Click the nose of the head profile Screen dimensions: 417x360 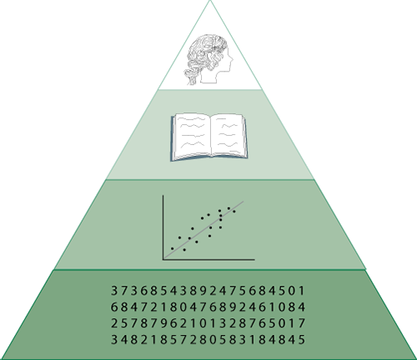pyautogui.click(x=232, y=59)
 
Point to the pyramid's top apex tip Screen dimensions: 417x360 pyautogui.click(x=210, y=1)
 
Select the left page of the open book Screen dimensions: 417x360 pyautogui.click(x=191, y=136)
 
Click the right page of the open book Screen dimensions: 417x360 pyautogui.click(x=229, y=135)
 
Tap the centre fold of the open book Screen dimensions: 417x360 pyautogui.click(x=211, y=136)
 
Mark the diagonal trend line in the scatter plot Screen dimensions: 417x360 pyautogui.click(x=203, y=229)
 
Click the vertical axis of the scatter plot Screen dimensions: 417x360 pyautogui.click(x=163, y=227)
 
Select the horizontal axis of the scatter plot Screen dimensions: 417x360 pyautogui.click(x=208, y=260)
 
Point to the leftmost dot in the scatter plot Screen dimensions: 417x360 pyautogui.click(x=173, y=248)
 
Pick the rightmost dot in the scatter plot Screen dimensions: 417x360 pyautogui.click(x=234, y=212)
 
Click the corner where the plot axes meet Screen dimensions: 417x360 pyautogui.click(x=163, y=260)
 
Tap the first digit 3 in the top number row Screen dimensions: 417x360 pyautogui.click(x=114, y=291)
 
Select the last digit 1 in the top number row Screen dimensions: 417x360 pyautogui.click(x=302, y=291)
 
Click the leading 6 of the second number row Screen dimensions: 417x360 pyautogui.click(x=114, y=307)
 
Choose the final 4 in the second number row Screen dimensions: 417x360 pyautogui.click(x=302, y=307)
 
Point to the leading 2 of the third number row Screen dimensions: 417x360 pyautogui.click(x=114, y=323)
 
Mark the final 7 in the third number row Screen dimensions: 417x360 pyautogui.click(x=302, y=323)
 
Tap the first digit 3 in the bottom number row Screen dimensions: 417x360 pyautogui.click(x=114, y=339)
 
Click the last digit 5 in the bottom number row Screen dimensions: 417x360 pyautogui.click(x=302, y=339)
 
